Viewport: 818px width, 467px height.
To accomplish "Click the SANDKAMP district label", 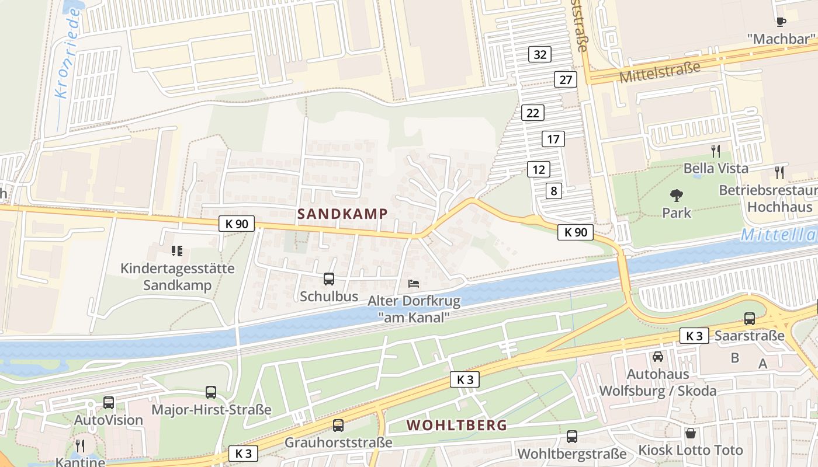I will [342, 214].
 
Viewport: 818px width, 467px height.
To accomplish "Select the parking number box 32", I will [540, 54].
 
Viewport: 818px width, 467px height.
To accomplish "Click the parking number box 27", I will [566, 79].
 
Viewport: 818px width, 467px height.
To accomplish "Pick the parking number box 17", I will [553, 139].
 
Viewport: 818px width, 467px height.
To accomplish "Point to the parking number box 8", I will [554, 190].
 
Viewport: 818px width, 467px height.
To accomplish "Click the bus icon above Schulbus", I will [329, 279].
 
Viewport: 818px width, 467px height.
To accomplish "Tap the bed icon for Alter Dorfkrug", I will [414, 284].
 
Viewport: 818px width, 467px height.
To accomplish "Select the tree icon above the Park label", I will [677, 195].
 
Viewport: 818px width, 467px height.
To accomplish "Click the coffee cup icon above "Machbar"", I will [781, 22].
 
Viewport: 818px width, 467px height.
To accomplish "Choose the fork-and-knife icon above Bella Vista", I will [716, 151].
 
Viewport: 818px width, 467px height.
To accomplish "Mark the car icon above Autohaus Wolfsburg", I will [658, 356].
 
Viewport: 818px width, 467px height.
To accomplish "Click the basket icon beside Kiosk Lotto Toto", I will [691, 433].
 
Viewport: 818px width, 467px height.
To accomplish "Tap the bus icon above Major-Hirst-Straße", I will [211, 392].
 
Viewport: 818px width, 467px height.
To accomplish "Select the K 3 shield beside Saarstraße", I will [694, 336].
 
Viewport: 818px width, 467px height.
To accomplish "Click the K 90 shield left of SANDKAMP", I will [237, 223].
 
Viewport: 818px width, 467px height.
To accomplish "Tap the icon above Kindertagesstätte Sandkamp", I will [177, 251].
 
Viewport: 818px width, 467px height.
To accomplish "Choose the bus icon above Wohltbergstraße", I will [572, 437].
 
